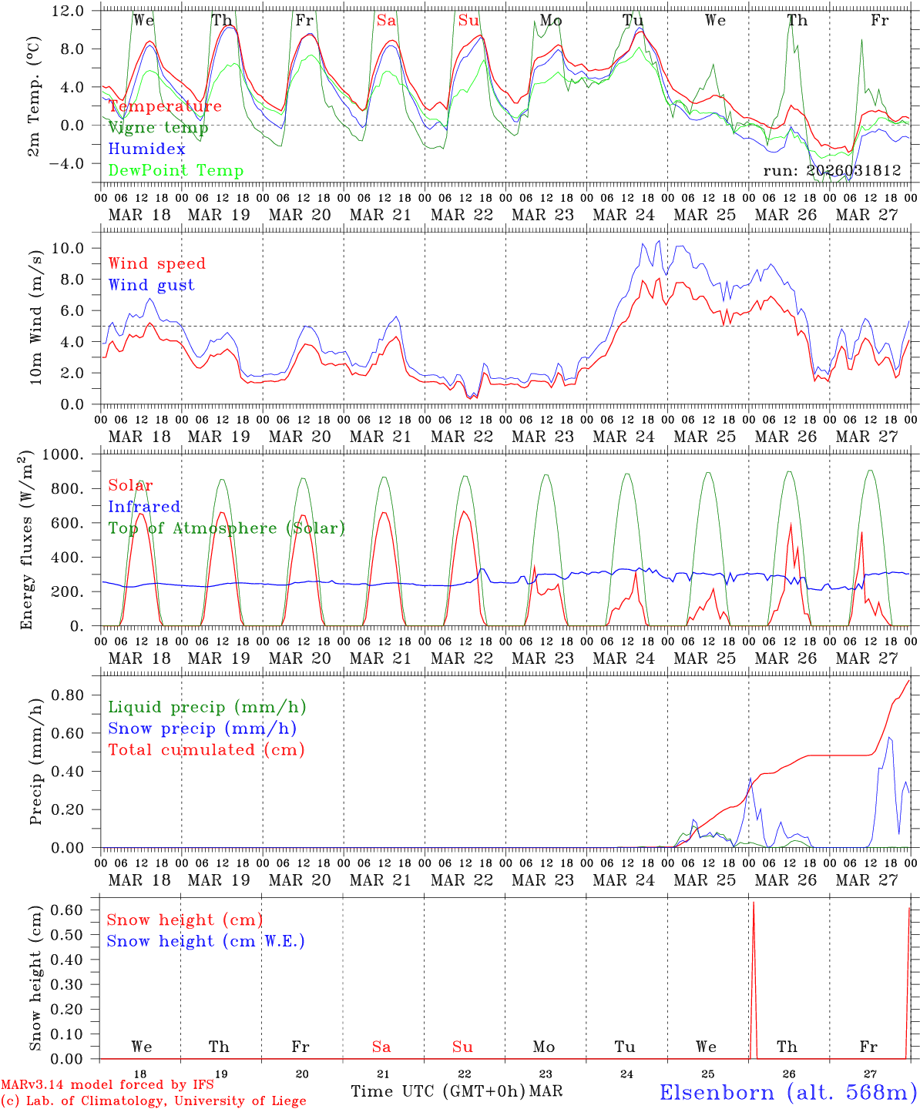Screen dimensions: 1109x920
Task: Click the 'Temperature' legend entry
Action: coord(165,106)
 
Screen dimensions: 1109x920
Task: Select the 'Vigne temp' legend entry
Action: coord(158,128)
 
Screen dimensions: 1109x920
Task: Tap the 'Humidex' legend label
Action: coord(146,149)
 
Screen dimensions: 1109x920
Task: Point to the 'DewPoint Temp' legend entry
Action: coord(176,171)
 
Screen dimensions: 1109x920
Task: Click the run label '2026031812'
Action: coord(832,171)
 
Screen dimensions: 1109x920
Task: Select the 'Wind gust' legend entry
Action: coord(151,285)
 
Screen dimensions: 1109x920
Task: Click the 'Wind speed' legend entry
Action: coord(157,263)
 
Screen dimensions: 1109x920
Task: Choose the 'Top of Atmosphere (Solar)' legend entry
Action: coord(227,528)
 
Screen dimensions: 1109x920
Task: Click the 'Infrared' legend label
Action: coord(144,507)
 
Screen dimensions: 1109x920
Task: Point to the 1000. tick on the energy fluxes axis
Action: coord(65,454)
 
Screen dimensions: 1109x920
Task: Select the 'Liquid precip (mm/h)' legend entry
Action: coord(206,707)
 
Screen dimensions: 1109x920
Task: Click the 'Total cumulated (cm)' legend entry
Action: coord(206,749)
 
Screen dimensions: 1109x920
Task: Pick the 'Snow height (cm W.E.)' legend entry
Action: coord(206,941)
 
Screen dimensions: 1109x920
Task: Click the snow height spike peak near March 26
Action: coord(753,903)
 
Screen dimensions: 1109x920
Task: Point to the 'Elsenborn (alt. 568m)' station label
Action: coord(787,1092)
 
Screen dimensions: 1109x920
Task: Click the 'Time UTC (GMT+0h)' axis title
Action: coord(438,1091)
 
